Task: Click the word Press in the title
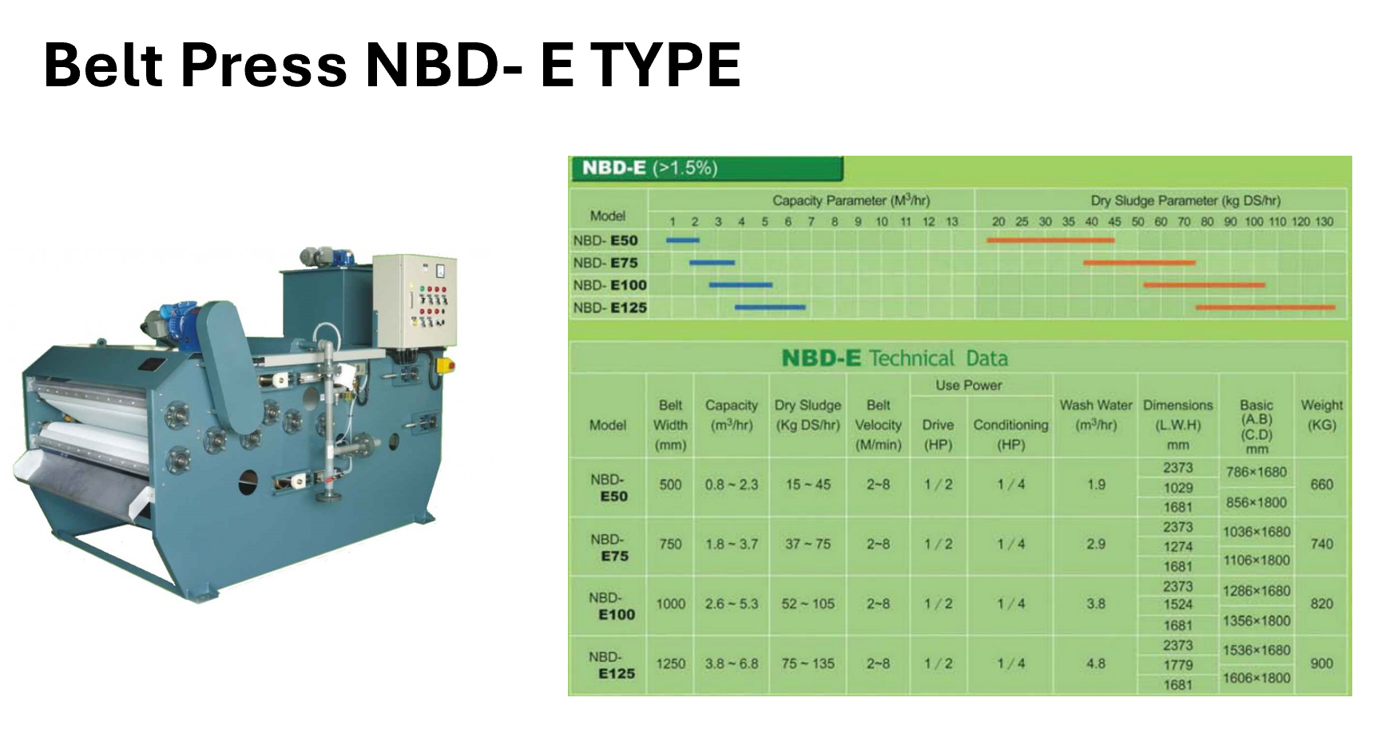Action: tap(264, 65)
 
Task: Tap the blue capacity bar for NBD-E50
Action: tap(683, 240)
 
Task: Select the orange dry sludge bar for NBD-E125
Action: tap(1265, 307)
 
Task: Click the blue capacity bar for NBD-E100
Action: tap(740, 284)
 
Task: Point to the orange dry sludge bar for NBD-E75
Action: tap(1140, 262)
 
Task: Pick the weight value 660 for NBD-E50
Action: tap(1322, 485)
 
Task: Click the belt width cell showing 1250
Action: tap(671, 664)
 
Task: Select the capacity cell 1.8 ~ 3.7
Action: tap(732, 544)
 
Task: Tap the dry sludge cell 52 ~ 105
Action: tap(808, 604)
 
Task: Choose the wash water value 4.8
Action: tap(1096, 664)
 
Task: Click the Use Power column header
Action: tap(969, 385)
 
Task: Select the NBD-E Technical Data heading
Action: tap(895, 358)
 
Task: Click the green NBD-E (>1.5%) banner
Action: tap(706, 168)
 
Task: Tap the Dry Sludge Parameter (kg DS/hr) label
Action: tap(1186, 200)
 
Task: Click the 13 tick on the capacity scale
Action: tap(952, 221)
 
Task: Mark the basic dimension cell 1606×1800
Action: tap(1256, 678)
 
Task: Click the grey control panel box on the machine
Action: tap(416, 301)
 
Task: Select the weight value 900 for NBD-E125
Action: tap(1322, 664)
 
